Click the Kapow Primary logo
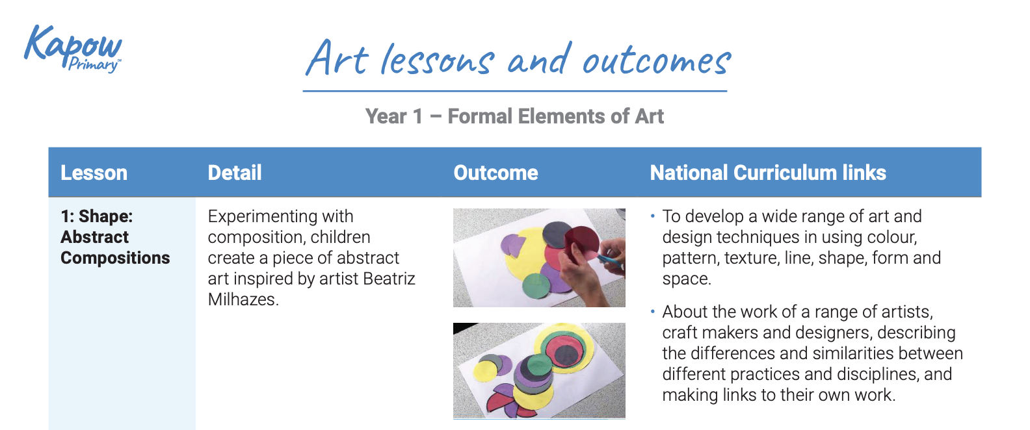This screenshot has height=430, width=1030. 73,49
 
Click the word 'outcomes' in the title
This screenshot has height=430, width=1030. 656,60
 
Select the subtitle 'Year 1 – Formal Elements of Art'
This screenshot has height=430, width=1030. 514,116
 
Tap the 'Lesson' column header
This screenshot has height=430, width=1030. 94,173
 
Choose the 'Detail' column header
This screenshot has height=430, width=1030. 235,173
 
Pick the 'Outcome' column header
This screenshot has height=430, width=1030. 495,173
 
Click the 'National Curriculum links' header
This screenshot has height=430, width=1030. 768,173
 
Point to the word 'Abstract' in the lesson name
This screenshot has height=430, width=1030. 95,237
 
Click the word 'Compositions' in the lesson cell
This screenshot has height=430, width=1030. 115,258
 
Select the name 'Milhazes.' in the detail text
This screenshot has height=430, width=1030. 243,299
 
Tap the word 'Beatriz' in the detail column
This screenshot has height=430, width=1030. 389,279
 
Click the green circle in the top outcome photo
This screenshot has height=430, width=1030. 536,286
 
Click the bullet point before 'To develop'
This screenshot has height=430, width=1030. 652,216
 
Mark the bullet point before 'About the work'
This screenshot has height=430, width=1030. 652,312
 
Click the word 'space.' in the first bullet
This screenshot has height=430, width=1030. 687,279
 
